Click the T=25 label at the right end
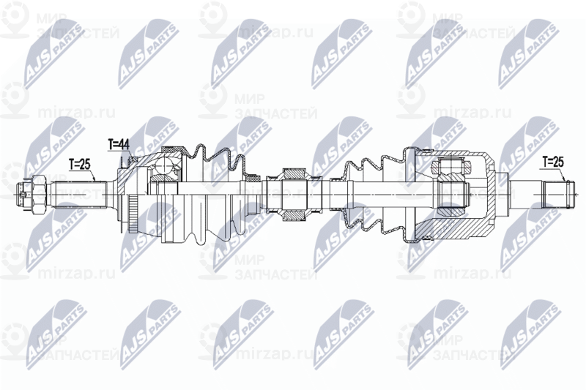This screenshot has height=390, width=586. tap(553, 161)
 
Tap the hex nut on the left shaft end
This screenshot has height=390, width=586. tap(33, 193)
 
